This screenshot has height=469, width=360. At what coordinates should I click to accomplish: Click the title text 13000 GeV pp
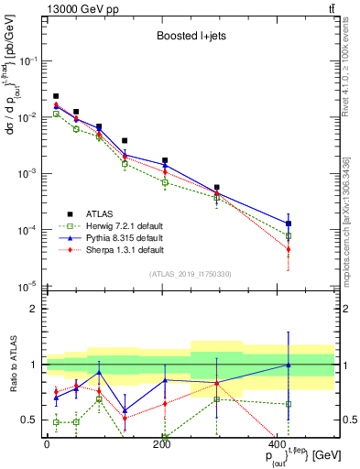coord(81,8)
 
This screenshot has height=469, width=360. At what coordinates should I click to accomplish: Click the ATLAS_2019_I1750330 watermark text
coord(190,274)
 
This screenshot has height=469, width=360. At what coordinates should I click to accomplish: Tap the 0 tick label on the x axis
coord(47,444)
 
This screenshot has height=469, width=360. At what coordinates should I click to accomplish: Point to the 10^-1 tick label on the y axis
coord(30,60)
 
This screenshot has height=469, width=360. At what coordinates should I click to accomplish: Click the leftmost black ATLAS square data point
coord(56,96)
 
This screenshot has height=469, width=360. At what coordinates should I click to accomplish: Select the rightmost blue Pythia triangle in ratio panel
coord(289,365)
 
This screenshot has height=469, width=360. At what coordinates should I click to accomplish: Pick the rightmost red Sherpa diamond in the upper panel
coord(289,249)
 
